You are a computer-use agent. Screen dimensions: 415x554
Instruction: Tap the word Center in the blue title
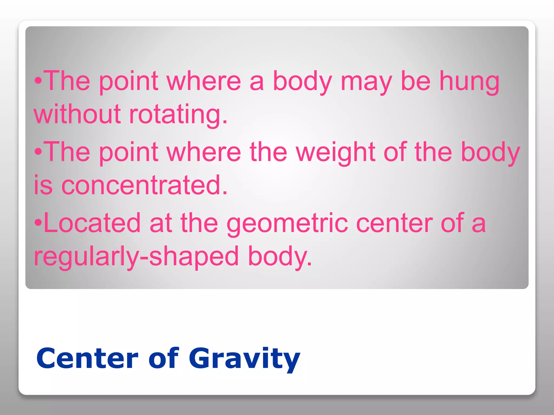pyautogui.click(x=87, y=359)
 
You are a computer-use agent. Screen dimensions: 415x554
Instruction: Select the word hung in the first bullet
pyautogui.click(x=469, y=82)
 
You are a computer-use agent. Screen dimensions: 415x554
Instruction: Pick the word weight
pyautogui.click(x=335, y=153)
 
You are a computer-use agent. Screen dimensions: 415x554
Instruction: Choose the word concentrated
pyautogui.click(x=144, y=185)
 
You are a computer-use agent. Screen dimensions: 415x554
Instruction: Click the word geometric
pyautogui.click(x=287, y=224)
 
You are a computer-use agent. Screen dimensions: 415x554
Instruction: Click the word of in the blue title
pyautogui.click(x=164, y=359)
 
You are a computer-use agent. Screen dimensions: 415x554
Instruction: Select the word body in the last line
pyautogui.click(x=280, y=257)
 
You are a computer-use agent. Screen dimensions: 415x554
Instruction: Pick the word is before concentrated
pyautogui.click(x=43, y=185)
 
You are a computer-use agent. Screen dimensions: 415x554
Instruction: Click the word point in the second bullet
pyautogui.click(x=129, y=153)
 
